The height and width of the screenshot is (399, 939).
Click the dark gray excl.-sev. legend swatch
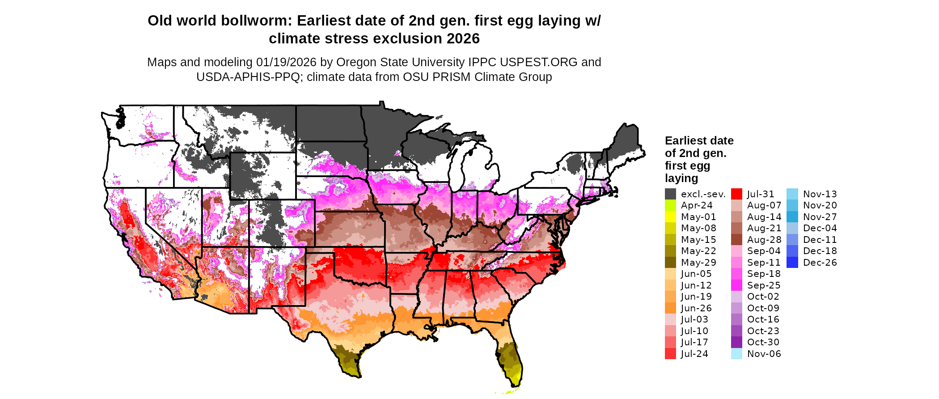[670, 194]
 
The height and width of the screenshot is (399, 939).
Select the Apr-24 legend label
[697, 205]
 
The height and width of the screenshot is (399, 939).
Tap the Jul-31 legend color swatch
[736, 194]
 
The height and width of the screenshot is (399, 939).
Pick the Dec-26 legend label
[820, 263]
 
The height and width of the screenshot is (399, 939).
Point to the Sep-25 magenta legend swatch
[736, 285]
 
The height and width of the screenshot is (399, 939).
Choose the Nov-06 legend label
[764, 354]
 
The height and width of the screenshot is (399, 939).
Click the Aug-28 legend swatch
[736, 240]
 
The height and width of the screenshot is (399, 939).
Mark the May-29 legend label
[698, 263]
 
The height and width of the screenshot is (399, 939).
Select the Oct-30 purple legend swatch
[736, 342]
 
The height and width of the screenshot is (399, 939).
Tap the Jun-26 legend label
[696, 308]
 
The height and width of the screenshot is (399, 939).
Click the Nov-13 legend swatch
[792, 194]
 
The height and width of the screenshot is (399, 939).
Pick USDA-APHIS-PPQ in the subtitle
[248, 77]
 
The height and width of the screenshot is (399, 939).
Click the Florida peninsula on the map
[510, 358]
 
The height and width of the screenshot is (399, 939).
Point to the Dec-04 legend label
[820, 228]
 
